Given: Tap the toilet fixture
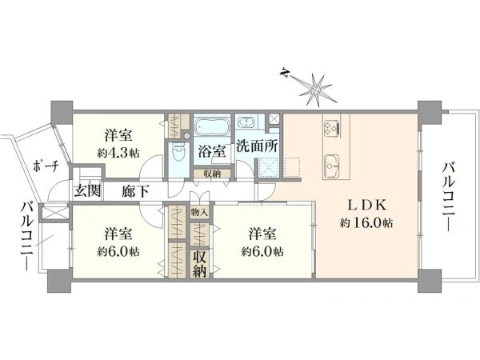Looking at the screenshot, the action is click(x=178, y=154).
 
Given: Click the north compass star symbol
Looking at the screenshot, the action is click(x=315, y=90).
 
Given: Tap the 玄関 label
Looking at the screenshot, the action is click(x=87, y=191).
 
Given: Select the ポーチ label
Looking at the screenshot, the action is click(x=46, y=166).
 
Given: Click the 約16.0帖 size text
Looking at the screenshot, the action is click(x=366, y=223).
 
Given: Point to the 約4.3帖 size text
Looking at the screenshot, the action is click(x=118, y=153).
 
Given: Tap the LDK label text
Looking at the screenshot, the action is click(x=367, y=206).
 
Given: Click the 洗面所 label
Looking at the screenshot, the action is click(x=257, y=146).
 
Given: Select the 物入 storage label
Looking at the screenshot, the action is click(x=199, y=212).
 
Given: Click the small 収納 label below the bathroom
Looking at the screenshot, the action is click(x=212, y=174).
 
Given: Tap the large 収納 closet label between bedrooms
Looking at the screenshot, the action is click(x=199, y=264).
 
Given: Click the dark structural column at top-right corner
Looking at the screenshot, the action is click(x=430, y=111).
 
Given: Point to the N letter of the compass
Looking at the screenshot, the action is click(x=285, y=73).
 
